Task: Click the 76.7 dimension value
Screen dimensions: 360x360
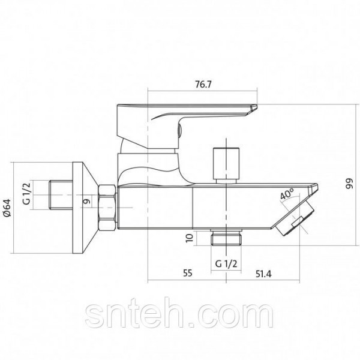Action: pyautogui.click(x=203, y=85)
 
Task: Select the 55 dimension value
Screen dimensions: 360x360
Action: pyautogui.click(x=187, y=273)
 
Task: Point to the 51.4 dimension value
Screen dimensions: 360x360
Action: pyautogui.click(x=263, y=274)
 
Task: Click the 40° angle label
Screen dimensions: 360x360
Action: pyautogui.click(x=287, y=194)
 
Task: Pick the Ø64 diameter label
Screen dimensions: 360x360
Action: pyautogui.click(x=7, y=208)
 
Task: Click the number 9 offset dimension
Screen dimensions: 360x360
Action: pyautogui.click(x=86, y=202)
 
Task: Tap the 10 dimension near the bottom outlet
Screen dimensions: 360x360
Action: pyautogui.click(x=189, y=238)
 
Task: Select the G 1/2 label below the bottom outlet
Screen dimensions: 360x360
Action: pyautogui.click(x=226, y=264)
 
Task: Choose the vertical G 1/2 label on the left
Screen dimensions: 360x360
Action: pyautogui.click(x=26, y=193)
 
